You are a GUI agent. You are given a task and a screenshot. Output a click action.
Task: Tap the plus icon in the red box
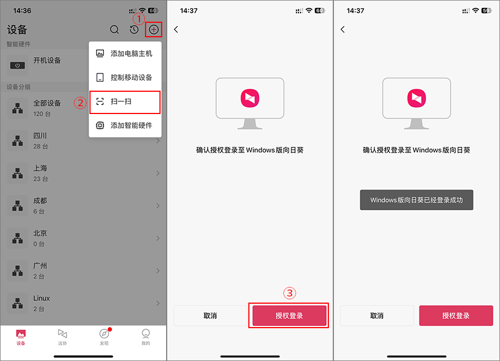(x=154, y=29)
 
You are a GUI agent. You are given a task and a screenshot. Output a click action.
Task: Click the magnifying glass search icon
(x=114, y=29)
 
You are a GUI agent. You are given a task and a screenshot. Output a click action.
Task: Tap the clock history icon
(x=134, y=29)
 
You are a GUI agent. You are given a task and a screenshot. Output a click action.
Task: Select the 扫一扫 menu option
(x=121, y=101)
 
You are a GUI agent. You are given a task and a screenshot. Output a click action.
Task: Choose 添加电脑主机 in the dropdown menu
(x=131, y=53)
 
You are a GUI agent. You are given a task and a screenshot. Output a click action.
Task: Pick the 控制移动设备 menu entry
(x=131, y=77)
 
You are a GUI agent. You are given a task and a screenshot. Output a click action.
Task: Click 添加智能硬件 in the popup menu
(x=131, y=126)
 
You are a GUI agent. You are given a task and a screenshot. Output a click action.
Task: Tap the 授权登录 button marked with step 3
(x=289, y=316)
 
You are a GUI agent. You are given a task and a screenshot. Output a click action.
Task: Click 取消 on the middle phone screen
(x=210, y=316)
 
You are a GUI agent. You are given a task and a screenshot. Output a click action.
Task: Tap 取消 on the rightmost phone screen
(x=377, y=316)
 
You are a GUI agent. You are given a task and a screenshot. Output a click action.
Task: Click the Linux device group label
(x=42, y=298)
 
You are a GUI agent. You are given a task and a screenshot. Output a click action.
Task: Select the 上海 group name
(x=40, y=168)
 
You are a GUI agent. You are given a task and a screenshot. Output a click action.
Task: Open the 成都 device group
(x=40, y=201)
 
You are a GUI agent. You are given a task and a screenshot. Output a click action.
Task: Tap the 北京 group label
(x=40, y=233)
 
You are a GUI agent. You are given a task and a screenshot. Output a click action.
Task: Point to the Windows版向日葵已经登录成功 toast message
(x=417, y=200)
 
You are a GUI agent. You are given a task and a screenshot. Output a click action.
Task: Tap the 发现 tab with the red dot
(x=104, y=337)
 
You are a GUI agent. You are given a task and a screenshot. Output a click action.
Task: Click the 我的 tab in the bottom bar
(x=146, y=337)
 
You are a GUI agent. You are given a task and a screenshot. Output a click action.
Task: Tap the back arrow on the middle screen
(x=176, y=29)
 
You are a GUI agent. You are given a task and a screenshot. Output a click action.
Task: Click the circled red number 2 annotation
(x=81, y=103)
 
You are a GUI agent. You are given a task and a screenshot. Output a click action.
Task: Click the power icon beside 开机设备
(x=18, y=66)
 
